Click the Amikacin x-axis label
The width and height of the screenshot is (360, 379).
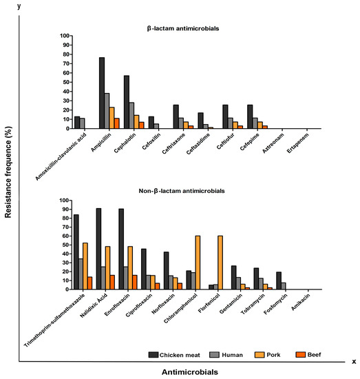click(297, 307)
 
